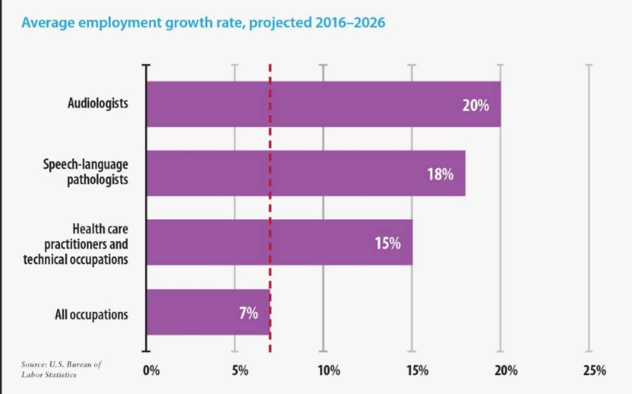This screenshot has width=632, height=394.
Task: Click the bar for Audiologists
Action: pyautogui.click(x=316, y=104)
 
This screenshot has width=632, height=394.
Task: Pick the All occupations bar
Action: pyautogui.click(x=197, y=312)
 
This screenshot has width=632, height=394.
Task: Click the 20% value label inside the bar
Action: pyautogui.click(x=476, y=105)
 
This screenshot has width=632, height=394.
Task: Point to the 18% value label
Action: pyautogui.click(x=441, y=174)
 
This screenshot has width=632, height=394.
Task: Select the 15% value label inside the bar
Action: pyautogui.click(x=388, y=243)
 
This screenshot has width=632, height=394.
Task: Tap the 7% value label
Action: pyautogui.click(x=248, y=313)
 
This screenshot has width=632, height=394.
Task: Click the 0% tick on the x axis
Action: pyautogui.click(x=151, y=370)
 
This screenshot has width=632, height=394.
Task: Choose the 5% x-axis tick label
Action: pyautogui.click(x=239, y=370)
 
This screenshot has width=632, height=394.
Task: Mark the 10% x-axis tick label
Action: pyautogui.click(x=328, y=370)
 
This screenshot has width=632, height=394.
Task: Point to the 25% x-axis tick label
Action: pyautogui.click(x=594, y=370)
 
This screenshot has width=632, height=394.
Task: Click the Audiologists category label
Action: pyautogui.click(x=98, y=104)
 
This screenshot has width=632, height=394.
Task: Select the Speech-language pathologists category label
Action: pyautogui.click(x=85, y=172)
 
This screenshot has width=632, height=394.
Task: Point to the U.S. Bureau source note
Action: pyautogui.click(x=62, y=369)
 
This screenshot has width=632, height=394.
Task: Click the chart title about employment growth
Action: pyautogui.click(x=203, y=22)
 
